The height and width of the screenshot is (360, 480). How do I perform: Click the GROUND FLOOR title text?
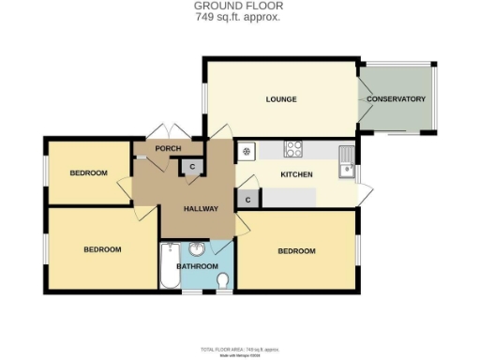(239, 6)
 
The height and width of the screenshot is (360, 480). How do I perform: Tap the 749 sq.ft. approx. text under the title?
(239, 17)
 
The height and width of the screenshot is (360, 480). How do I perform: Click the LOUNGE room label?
(280, 99)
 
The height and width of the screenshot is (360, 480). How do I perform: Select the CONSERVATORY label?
(396, 99)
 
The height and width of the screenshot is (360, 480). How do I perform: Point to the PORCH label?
(168, 148)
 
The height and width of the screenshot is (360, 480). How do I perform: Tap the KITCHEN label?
(296, 175)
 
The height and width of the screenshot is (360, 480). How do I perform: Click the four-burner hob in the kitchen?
(293, 148)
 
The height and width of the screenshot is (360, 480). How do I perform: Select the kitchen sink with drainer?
(346, 161)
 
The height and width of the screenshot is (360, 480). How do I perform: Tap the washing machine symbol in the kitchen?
(247, 150)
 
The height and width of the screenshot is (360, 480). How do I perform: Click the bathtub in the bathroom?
(169, 266)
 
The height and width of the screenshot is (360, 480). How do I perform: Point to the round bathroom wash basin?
(197, 248)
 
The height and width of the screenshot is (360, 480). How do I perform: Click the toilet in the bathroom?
(222, 280)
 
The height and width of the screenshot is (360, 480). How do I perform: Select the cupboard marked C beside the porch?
(192, 167)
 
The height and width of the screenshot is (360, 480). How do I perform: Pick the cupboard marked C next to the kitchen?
(247, 199)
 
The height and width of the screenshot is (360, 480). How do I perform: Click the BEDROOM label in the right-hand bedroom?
(296, 251)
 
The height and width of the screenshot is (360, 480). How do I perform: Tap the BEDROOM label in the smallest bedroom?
(88, 172)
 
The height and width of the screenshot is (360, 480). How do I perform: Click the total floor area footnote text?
(239, 349)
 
